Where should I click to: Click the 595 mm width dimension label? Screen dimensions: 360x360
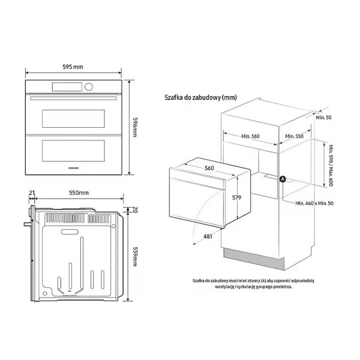73,67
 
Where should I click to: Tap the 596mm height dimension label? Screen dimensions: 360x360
135,127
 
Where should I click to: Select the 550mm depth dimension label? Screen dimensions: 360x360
79,193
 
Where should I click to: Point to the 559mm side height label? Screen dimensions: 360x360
135,256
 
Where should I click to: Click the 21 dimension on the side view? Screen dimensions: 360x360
32,193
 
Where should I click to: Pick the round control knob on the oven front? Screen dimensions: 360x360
89,87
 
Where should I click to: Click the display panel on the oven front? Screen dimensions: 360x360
67,87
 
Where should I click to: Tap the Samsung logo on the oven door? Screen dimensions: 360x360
74,168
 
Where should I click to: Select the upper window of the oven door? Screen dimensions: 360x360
73,118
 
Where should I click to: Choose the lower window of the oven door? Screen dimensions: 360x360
73,151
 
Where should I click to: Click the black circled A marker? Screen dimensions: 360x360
283,179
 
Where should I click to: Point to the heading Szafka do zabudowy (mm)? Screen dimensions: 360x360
200,97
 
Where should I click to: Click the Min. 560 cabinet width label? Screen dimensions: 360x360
250,136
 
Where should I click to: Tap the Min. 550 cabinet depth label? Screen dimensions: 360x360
294,136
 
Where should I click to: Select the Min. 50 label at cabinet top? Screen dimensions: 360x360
323,118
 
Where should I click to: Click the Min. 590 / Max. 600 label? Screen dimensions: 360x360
331,166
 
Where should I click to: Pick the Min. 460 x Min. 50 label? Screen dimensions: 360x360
314,203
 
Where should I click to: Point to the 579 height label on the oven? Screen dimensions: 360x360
236,197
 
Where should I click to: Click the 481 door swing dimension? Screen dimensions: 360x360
208,236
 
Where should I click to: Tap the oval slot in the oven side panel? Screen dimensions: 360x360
70,232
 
